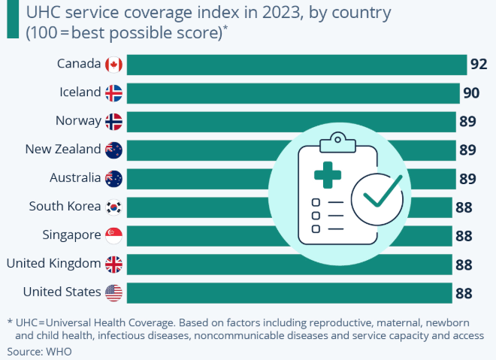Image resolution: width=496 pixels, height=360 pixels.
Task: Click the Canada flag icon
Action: coord(114,64)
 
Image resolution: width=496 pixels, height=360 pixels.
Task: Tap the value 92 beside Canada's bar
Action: coord(479,64)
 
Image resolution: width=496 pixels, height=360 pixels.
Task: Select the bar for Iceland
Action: coord(293,92)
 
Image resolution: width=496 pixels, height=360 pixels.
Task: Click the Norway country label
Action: coord(78,121)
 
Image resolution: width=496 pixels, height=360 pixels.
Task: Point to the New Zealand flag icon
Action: coord(114,150)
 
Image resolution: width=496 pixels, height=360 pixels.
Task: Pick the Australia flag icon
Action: coord(114,178)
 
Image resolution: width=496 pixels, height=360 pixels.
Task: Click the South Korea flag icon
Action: coord(114,207)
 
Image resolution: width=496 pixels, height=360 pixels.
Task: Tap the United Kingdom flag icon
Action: coord(114,264)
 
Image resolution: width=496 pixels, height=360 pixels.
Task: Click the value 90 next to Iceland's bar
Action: coord(471,92)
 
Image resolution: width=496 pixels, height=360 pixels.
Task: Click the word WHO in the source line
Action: coord(59,351)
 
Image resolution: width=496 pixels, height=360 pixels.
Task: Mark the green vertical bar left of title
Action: coord(12,19)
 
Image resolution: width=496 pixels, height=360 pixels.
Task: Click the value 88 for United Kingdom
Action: coord(464,264)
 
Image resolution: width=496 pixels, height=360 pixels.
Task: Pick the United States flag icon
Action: coord(114,292)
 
